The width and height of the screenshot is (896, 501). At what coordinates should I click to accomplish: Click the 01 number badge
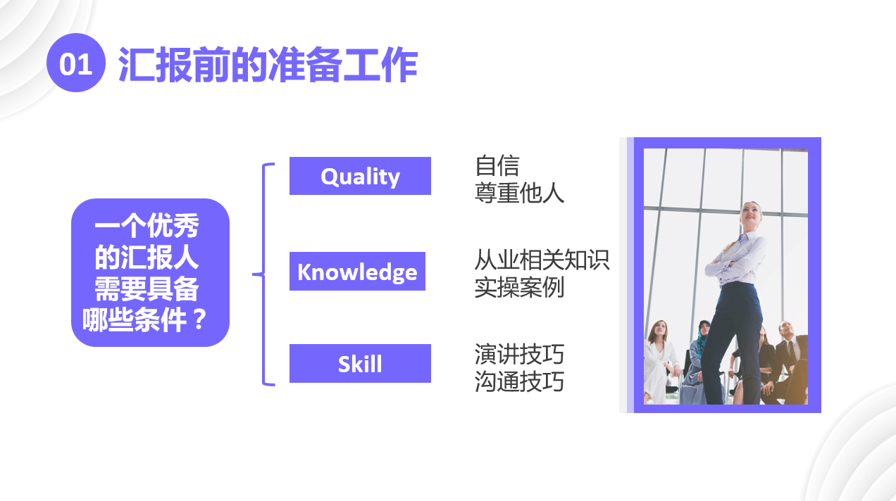(x=76, y=63)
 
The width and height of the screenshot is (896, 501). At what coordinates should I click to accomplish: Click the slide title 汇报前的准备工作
(x=268, y=65)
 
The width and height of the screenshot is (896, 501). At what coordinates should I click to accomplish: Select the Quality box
(x=360, y=176)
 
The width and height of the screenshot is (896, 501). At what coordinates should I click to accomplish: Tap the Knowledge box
(x=357, y=272)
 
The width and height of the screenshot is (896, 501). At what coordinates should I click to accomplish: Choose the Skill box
(x=360, y=364)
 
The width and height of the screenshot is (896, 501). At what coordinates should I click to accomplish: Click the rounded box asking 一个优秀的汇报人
(x=151, y=272)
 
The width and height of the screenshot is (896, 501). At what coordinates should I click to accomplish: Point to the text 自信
(x=497, y=166)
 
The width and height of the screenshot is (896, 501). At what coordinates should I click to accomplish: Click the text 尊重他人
(x=519, y=193)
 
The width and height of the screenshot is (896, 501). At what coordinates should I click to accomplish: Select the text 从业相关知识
(x=542, y=260)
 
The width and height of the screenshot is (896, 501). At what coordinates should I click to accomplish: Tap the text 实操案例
(x=519, y=287)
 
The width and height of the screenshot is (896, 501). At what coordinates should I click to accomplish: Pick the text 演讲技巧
(x=519, y=355)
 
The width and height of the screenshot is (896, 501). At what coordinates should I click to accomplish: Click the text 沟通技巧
(x=519, y=381)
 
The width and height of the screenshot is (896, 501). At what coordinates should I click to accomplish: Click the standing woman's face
(x=749, y=215)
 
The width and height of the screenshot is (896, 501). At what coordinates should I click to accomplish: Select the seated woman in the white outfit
(x=660, y=362)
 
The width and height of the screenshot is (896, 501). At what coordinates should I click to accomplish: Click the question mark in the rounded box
(x=199, y=319)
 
